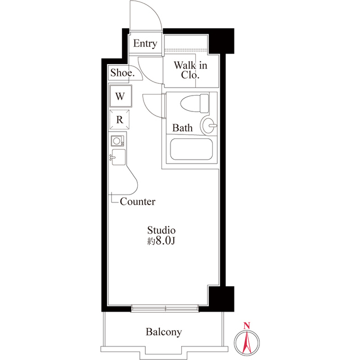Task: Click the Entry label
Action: click(x=145, y=44)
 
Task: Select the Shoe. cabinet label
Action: click(x=122, y=73)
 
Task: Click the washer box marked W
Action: click(x=120, y=96)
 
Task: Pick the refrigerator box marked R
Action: click(x=120, y=119)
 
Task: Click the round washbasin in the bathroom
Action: click(x=209, y=124)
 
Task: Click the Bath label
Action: click(x=182, y=128)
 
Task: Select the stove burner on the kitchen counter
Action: click(x=118, y=141)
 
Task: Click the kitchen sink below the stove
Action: click(x=119, y=157)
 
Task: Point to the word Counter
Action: click(x=138, y=201)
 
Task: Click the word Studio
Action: click(x=162, y=230)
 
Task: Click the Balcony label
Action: click(x=164, y=332)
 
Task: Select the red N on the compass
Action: click(x=246, y=325)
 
